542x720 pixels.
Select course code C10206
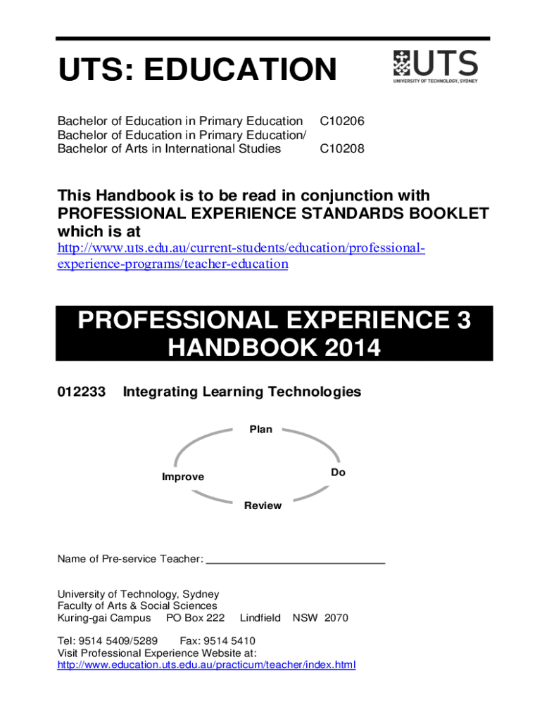tap(342, 122)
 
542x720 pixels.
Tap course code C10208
tap(342, 148)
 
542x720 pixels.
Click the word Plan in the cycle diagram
tap(260, 429)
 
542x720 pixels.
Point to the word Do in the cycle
tap(339, 472)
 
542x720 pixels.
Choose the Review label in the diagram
tap(263, 506)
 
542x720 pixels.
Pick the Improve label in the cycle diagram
tap(183, 477)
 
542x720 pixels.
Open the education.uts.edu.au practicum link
tap(206, 664)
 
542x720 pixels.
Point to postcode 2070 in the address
tap(336, 618)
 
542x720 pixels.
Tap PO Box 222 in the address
tap(195, 618)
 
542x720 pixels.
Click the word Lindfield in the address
tap(260, 618)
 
